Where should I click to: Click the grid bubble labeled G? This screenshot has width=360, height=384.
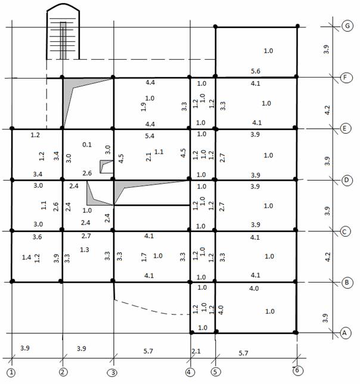[347, 26]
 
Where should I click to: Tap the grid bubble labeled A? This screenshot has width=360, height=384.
[345, 333]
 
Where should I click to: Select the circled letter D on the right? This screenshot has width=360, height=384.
[346, 180]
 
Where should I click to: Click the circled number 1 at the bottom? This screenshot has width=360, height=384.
[11, 373]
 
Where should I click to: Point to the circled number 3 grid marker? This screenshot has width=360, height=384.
[113, 373]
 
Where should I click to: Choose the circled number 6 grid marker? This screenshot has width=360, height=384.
[297, 370]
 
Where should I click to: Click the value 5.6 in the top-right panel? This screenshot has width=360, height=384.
[256, 71]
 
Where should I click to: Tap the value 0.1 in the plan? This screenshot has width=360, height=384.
[87, 144]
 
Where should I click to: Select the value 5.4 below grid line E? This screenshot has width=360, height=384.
[150, 136]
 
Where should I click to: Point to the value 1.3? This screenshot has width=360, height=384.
[85, 250]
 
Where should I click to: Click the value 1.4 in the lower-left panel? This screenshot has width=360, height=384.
[26, 257]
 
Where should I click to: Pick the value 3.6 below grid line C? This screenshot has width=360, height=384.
[37, 237]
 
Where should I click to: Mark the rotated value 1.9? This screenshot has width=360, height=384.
[144, 107]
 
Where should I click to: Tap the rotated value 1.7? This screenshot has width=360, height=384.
[144, 258]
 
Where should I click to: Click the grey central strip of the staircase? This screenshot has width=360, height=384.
[63, 41]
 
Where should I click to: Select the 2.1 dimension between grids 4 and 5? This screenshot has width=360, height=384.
[196, 351]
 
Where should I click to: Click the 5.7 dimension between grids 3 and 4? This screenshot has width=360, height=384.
[148, 351]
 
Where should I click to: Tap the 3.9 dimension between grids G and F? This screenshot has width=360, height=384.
[326, 49]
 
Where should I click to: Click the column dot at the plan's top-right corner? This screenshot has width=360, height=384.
[297, 26]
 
